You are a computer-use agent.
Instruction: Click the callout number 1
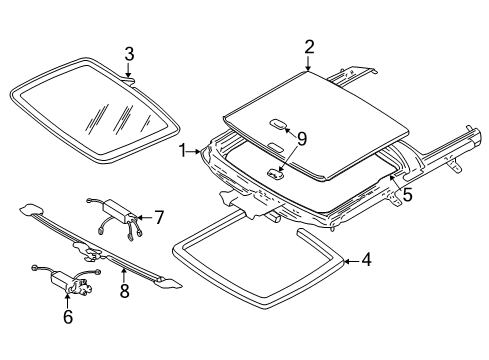(x=183, y=151)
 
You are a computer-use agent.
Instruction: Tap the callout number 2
(x=309, y=46)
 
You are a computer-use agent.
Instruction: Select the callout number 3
(x=129, y=53)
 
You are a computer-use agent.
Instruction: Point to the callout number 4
(x=367, y=262)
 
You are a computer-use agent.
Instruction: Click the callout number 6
(x=67, y=315)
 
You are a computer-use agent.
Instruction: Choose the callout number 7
(x=157, y=214)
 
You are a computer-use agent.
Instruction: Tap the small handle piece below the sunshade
(x=275, y=172)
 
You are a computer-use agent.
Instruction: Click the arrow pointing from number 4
(x=350, y=262)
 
